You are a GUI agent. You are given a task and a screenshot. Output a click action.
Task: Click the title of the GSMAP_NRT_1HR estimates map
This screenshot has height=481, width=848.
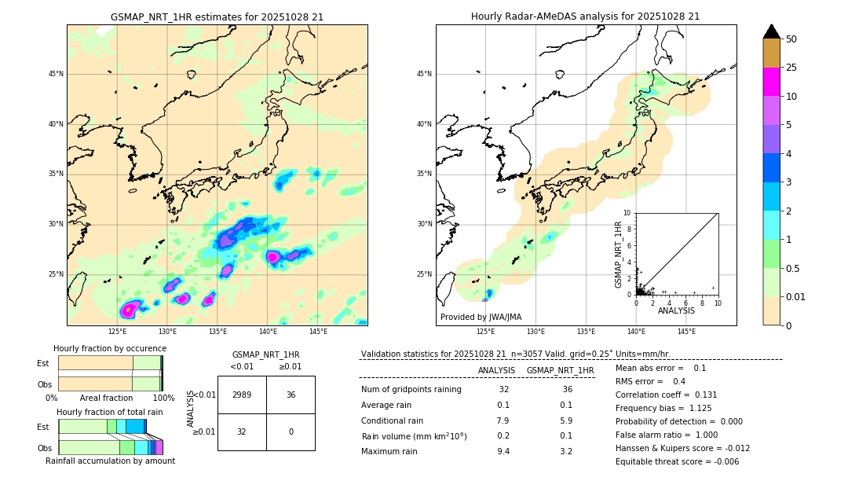point(217,17)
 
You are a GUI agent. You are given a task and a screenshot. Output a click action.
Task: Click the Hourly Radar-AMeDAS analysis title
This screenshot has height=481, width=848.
point(585,17)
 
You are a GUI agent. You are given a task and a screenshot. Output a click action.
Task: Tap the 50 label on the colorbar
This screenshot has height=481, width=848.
point(791,39)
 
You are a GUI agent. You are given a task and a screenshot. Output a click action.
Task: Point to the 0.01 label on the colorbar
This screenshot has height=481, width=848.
point(796,296)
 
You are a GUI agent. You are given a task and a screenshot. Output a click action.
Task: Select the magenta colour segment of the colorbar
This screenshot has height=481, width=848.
point(771,82)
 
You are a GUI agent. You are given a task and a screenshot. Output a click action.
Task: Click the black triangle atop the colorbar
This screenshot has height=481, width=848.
point(771,31)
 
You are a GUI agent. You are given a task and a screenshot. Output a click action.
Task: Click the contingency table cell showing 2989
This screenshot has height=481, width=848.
point(242,395)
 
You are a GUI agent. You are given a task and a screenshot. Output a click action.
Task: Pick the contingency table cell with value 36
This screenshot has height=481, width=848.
point(291,395)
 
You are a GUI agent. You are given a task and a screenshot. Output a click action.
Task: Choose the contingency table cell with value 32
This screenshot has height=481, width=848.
point(242,431)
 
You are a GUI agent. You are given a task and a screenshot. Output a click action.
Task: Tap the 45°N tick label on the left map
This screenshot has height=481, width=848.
point(56,74)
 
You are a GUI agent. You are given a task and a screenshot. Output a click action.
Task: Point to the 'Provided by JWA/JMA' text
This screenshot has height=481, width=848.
point(481,317)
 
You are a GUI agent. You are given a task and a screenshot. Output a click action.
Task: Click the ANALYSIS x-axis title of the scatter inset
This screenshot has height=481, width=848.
point(676,310)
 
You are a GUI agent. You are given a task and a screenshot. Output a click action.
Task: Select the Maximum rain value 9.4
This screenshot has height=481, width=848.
point(503,451)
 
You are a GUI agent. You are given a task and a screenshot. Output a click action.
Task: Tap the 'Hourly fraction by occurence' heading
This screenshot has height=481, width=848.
point(110,348)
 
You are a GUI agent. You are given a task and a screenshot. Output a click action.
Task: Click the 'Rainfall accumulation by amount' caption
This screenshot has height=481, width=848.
point(110,461)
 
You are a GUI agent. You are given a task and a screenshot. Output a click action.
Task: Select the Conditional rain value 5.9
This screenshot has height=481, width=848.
point(566,420)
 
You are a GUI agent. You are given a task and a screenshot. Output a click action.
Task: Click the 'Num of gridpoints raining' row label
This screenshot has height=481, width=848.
point(411,389)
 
